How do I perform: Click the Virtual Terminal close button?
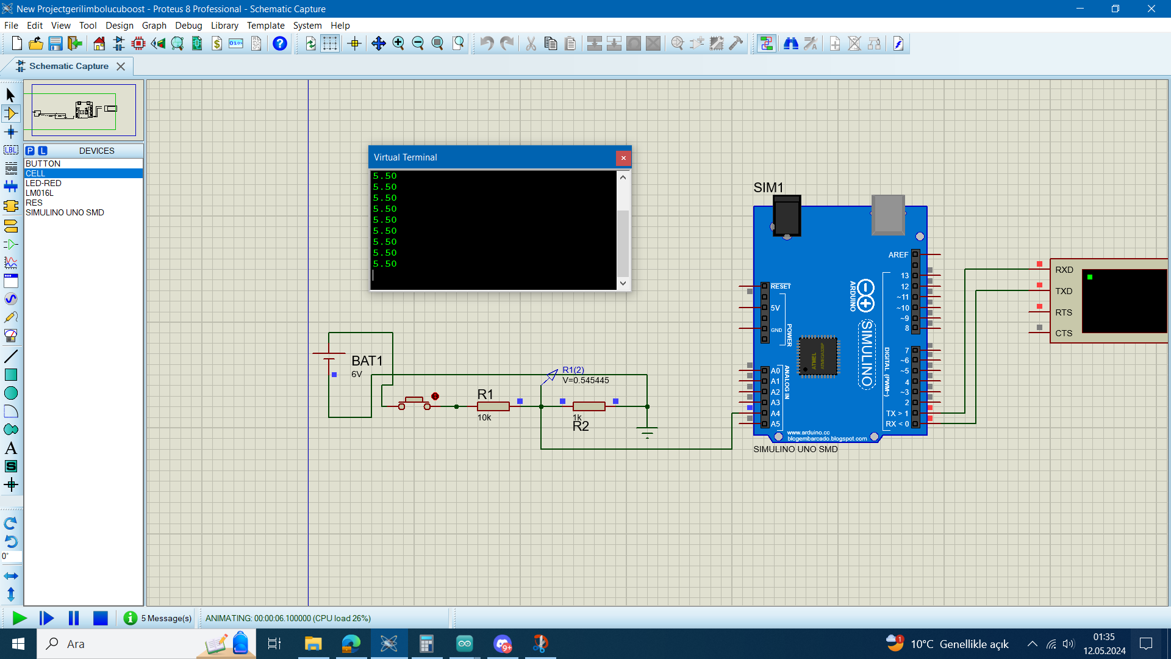[623, 158]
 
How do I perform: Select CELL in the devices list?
[35, 173]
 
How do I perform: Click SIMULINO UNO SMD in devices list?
[65, 212]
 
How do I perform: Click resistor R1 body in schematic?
[493, 406]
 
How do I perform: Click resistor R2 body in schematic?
[589, 406]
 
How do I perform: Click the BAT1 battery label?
[367, 361]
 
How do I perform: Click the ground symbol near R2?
[647, 433]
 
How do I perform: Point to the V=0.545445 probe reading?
[585, 380]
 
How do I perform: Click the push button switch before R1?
[415, 403]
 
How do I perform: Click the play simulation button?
[19, 618]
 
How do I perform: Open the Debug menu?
[188, 26]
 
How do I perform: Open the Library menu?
[224, 26]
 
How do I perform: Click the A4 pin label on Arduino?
[775, 413]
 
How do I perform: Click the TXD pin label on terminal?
[1064, 291]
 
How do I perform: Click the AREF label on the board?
[898, 254]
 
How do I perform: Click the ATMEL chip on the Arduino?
[818, 356]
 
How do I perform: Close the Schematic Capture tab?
[121, 67]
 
